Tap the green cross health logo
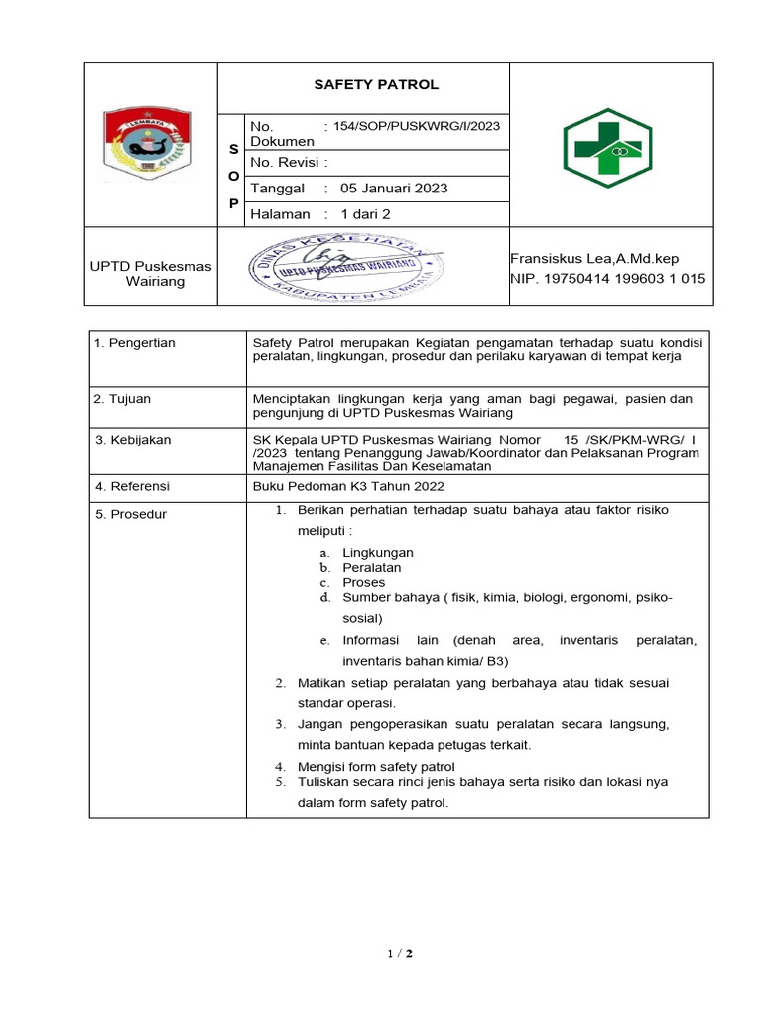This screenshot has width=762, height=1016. (610, 146)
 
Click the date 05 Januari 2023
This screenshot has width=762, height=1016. (394, 188)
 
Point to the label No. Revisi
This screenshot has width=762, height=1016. (289, 162)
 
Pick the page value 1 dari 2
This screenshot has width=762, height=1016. (365, 214)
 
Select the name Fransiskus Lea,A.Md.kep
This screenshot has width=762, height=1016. (594, 258)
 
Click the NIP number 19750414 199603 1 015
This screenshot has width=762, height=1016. (607, 279)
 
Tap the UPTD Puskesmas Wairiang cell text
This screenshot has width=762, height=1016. (137, 273)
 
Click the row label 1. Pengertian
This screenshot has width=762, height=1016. (134, 343)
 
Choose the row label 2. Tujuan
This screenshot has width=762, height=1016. (122, 399)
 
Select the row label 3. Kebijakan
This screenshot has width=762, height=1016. (130, 439)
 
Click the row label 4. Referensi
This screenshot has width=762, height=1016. (132, 486)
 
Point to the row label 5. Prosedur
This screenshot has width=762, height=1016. (130, 514)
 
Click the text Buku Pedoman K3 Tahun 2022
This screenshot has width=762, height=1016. (348, 486)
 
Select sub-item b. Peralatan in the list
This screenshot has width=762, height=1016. (371, 568)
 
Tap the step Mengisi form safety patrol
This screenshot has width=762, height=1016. (376, 766)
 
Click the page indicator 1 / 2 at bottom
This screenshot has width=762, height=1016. (400, 954)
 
